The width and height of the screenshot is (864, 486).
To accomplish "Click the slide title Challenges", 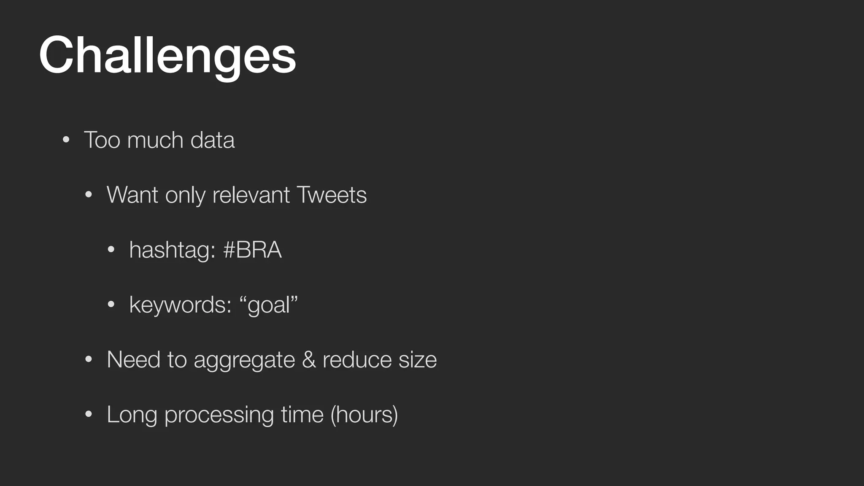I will [x=167, y=56].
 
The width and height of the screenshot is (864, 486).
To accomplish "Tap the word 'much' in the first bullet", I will [x=155, y=140].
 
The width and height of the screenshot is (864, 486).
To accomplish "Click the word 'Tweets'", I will [x=332, y=195].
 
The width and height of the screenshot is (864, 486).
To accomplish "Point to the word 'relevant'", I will [x=251, y=195].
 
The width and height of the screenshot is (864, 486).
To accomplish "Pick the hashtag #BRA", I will [x=252, y=250].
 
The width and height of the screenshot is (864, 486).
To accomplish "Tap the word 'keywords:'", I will [x=180, y=305].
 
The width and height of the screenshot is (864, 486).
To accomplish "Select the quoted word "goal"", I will [x=269, y=305].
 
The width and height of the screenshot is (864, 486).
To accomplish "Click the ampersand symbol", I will [x=309, y=360].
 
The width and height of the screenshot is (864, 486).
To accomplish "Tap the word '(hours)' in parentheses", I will [x=364, y=415].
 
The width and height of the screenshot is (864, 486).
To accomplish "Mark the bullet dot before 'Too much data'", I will [x=65, y=140].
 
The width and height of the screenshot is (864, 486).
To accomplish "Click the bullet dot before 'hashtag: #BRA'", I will [x=111, y=250].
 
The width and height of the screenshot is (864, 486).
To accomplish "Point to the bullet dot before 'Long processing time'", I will [x=88, y=414].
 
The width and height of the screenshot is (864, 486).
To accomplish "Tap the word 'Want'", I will [x=132, y=195].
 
